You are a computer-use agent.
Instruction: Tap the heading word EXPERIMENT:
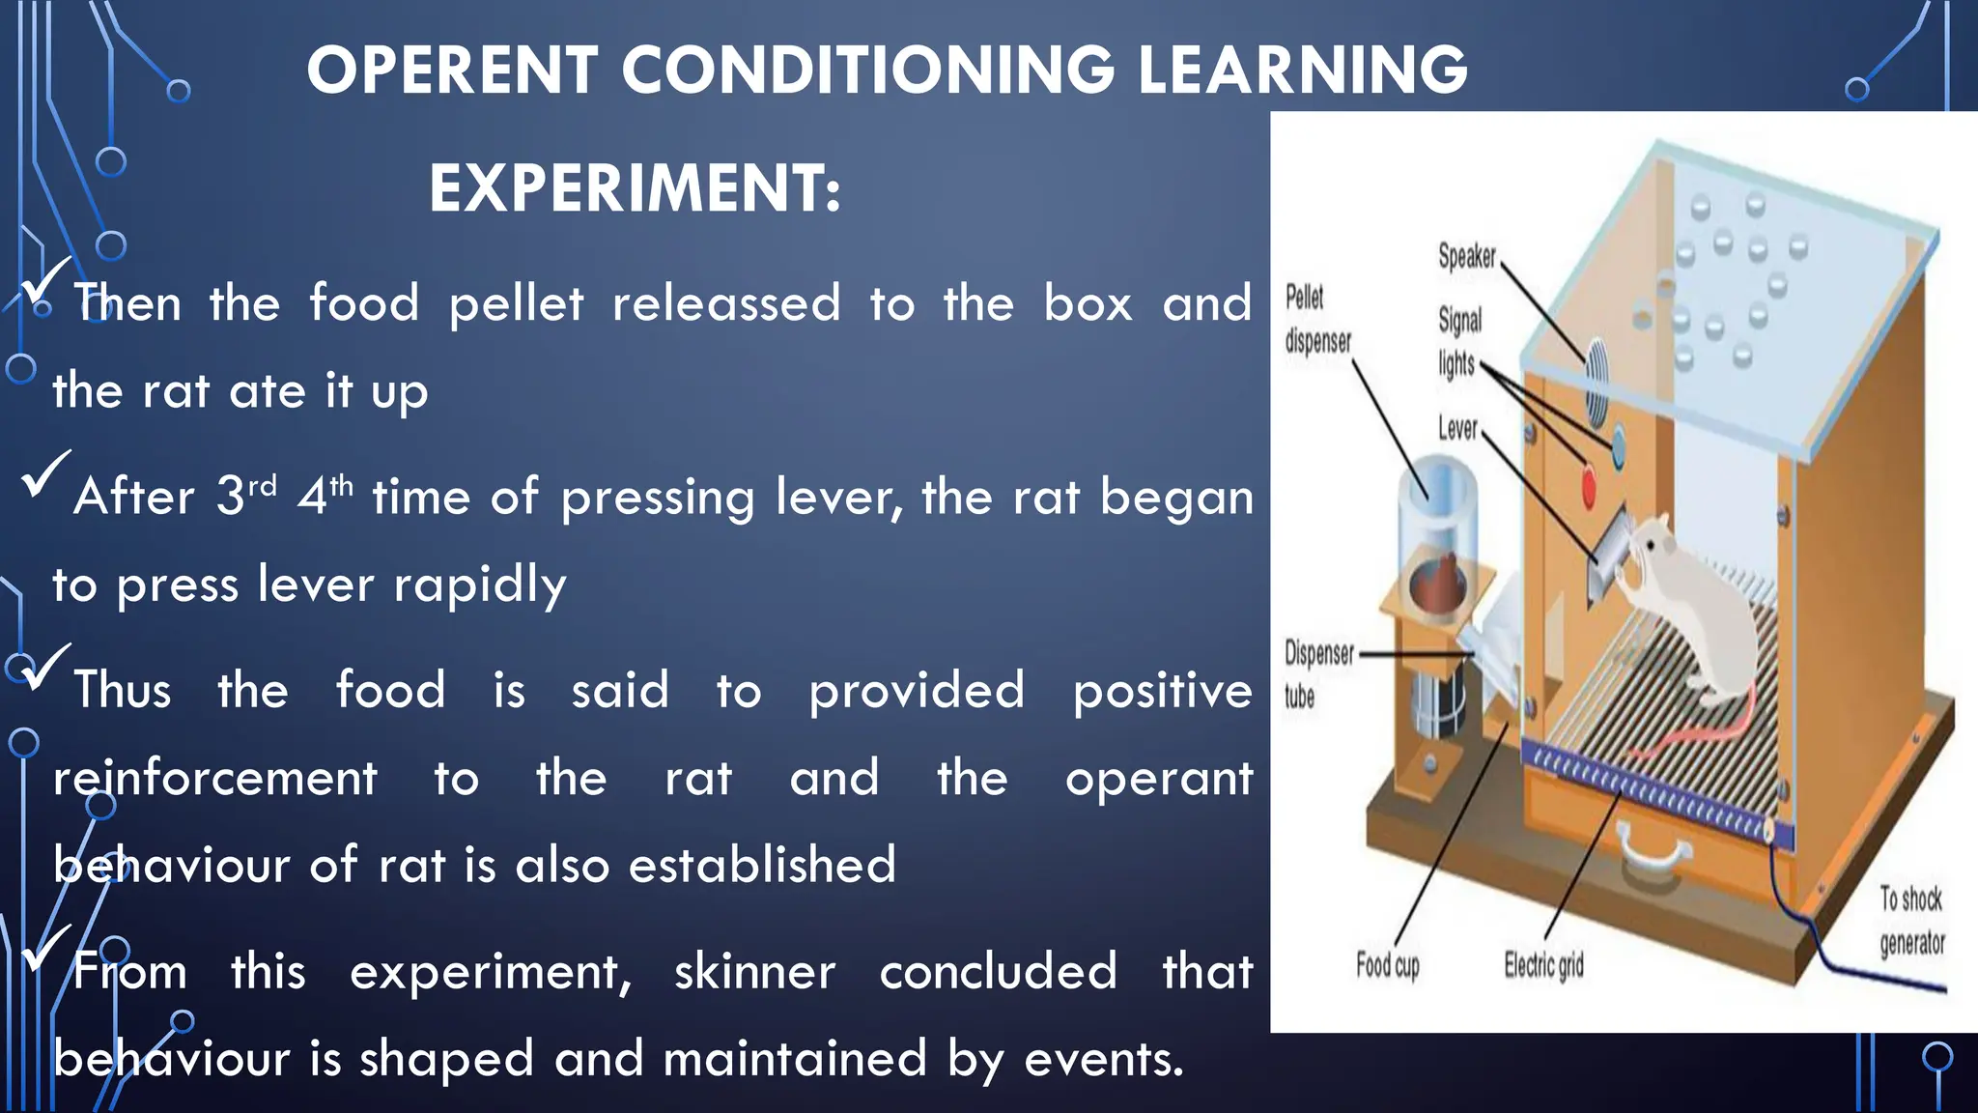point(635,188)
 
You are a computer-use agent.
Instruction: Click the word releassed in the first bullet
point(726,304)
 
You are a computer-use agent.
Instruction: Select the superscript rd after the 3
point(263,485)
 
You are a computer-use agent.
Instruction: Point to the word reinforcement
point(214,779)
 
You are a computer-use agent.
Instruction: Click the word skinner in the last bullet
point(754,972)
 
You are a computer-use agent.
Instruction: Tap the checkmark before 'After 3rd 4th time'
point(44,473)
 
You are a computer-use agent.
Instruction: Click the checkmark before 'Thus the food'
point(44,667)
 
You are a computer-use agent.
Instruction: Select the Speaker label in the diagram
point(1466,256)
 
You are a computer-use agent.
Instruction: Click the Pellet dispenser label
point(1317,319)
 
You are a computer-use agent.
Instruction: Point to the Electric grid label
point(1543,964)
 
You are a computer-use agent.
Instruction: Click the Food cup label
point(1387,964)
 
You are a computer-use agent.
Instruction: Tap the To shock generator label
point(1910,921)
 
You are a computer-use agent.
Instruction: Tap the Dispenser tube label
point(1317,674)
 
